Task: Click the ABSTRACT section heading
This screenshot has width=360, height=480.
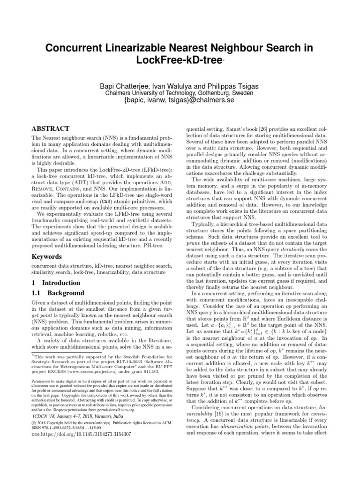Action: (x=50, y=128)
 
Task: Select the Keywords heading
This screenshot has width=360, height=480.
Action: (x=46, y=257)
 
